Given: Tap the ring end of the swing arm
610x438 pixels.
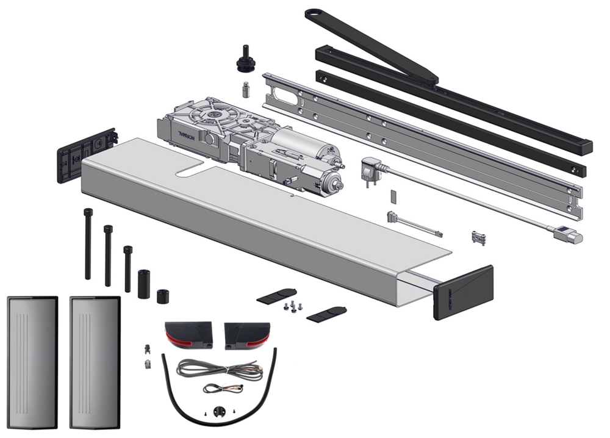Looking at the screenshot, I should pos(315,12).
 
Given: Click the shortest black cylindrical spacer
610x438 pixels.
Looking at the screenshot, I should pos(162,295).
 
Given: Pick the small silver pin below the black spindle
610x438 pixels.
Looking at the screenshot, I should pos(246,88).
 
